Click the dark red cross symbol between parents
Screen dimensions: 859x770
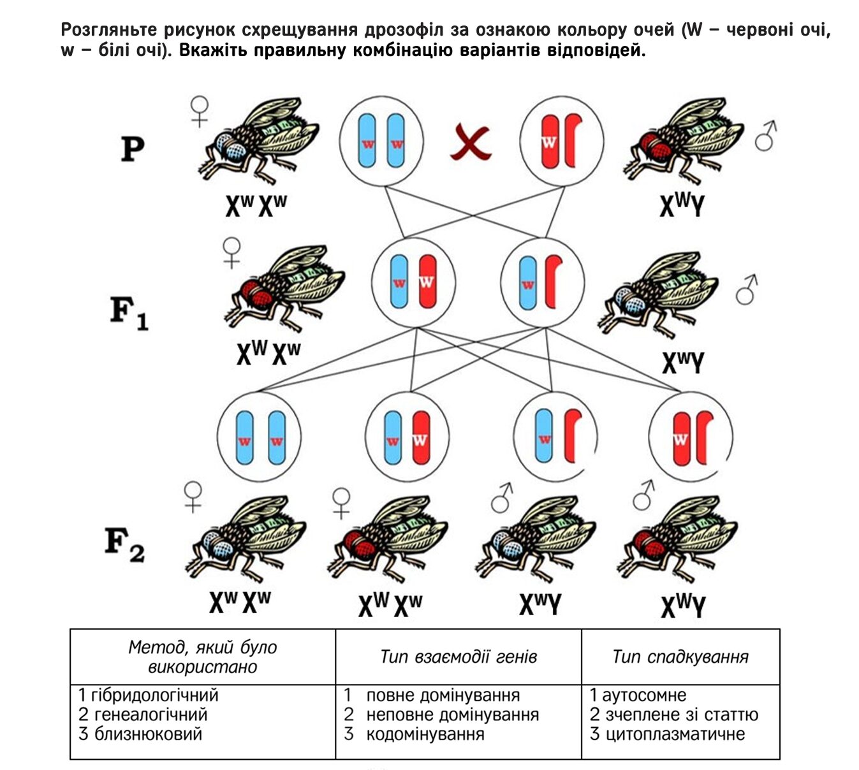tap(471, 142)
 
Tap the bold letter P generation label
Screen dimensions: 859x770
tap(133, 149)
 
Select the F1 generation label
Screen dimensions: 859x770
tap(129, 313)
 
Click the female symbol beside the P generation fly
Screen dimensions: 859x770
tap(199, 112)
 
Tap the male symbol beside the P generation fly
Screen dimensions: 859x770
tap(766, 136)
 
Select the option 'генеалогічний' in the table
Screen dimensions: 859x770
tap(151, 715)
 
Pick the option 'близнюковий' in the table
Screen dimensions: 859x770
tap(148, 734)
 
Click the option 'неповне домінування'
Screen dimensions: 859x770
tap(452, 715)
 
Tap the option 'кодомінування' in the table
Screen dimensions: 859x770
tap(425, 734)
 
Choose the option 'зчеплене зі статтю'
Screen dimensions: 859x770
tap(682, 715)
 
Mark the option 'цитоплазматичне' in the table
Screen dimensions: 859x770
tap(675, 734)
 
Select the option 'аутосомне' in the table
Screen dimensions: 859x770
tap(644, 695)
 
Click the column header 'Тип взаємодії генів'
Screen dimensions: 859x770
tap(459, 657)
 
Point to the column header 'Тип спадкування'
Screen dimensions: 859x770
tap(680, 657)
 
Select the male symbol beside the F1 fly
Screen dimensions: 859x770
tap(746, 289)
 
